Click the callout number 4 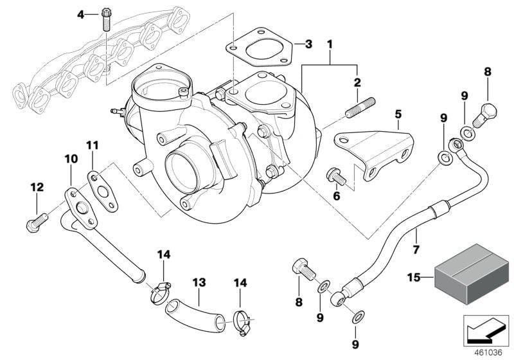click(80, 14)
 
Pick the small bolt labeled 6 click(335, 174)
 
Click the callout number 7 click(416, 249)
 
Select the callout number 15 click(414, 277)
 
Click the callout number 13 click(199, 282)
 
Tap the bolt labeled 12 click(35, 222)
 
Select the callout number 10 click(70, 158)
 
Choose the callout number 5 click(398, 114)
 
